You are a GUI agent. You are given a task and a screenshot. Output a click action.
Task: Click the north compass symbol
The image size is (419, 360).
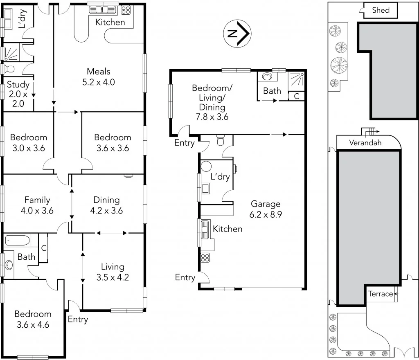pyautogui.click(x=237, y=33)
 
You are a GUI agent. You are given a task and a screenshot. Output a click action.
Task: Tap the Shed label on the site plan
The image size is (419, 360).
pyautogui.click(x=381, y=10)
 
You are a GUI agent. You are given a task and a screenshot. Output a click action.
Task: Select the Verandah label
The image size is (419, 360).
pyautogui.click(x=365, y=143)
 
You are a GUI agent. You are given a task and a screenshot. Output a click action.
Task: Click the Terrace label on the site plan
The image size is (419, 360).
pyautogui.click(x=381, y=294)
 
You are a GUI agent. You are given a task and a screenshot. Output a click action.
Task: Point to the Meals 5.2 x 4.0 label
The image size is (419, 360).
pyautogui.click(x=98, y=76)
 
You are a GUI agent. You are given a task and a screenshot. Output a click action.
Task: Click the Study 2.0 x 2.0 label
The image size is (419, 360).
pyautogui.click(x=18, y=94)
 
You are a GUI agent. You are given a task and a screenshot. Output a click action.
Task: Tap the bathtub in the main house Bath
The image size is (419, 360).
pyautogui.click(x=18, y=240)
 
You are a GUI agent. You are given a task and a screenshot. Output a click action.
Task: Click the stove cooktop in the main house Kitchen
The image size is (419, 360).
pyautogui.click(x=126, y=9)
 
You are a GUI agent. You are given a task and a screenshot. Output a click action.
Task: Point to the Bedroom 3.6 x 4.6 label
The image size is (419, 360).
pyautogui.click(x=33, y=319)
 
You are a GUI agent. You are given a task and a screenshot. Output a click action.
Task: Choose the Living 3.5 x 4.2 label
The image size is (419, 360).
pyautogui.click(x=113, y=272)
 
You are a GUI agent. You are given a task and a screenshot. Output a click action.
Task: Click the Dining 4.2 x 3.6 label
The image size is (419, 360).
pyautogui.click(x=106, y=205)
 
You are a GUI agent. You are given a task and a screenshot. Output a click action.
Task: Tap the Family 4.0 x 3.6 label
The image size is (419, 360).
pyautogui.click(x=37, y=205)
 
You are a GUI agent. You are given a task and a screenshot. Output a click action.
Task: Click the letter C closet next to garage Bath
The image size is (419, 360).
pyautogui.click(x=296, y=97)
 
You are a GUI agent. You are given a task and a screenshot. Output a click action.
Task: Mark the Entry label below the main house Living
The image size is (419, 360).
pyautogui.click(x=78, y=319)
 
